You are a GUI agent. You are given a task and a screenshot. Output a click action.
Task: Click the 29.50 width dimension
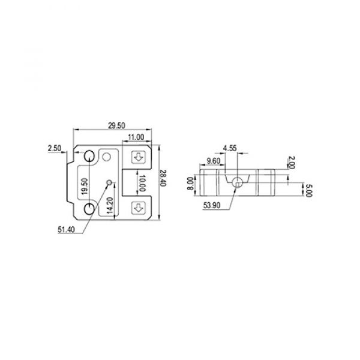tap(116, 125)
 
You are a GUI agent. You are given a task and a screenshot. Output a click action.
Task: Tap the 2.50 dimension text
tap(53, 147)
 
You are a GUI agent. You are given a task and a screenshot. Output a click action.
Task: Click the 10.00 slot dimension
tap(142, 183)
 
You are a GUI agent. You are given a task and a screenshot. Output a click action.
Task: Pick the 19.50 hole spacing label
tap(85, 188)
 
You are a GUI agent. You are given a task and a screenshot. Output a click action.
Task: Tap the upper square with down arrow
tap(139, 158)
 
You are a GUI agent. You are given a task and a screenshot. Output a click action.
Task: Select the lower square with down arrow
tap(139, 208)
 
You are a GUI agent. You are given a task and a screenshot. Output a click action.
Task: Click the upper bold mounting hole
tap(88, 157)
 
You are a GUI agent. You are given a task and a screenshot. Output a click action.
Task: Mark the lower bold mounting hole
tap(88, 208)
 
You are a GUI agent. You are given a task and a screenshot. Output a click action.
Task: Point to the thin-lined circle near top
tap(107, 157)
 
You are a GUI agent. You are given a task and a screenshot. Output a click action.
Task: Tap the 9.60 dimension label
tap(212, 160)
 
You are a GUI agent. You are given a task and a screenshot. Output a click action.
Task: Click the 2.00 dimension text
tap(291, 162)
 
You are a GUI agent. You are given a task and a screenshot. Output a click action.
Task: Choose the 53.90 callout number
tap(212, 205)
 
